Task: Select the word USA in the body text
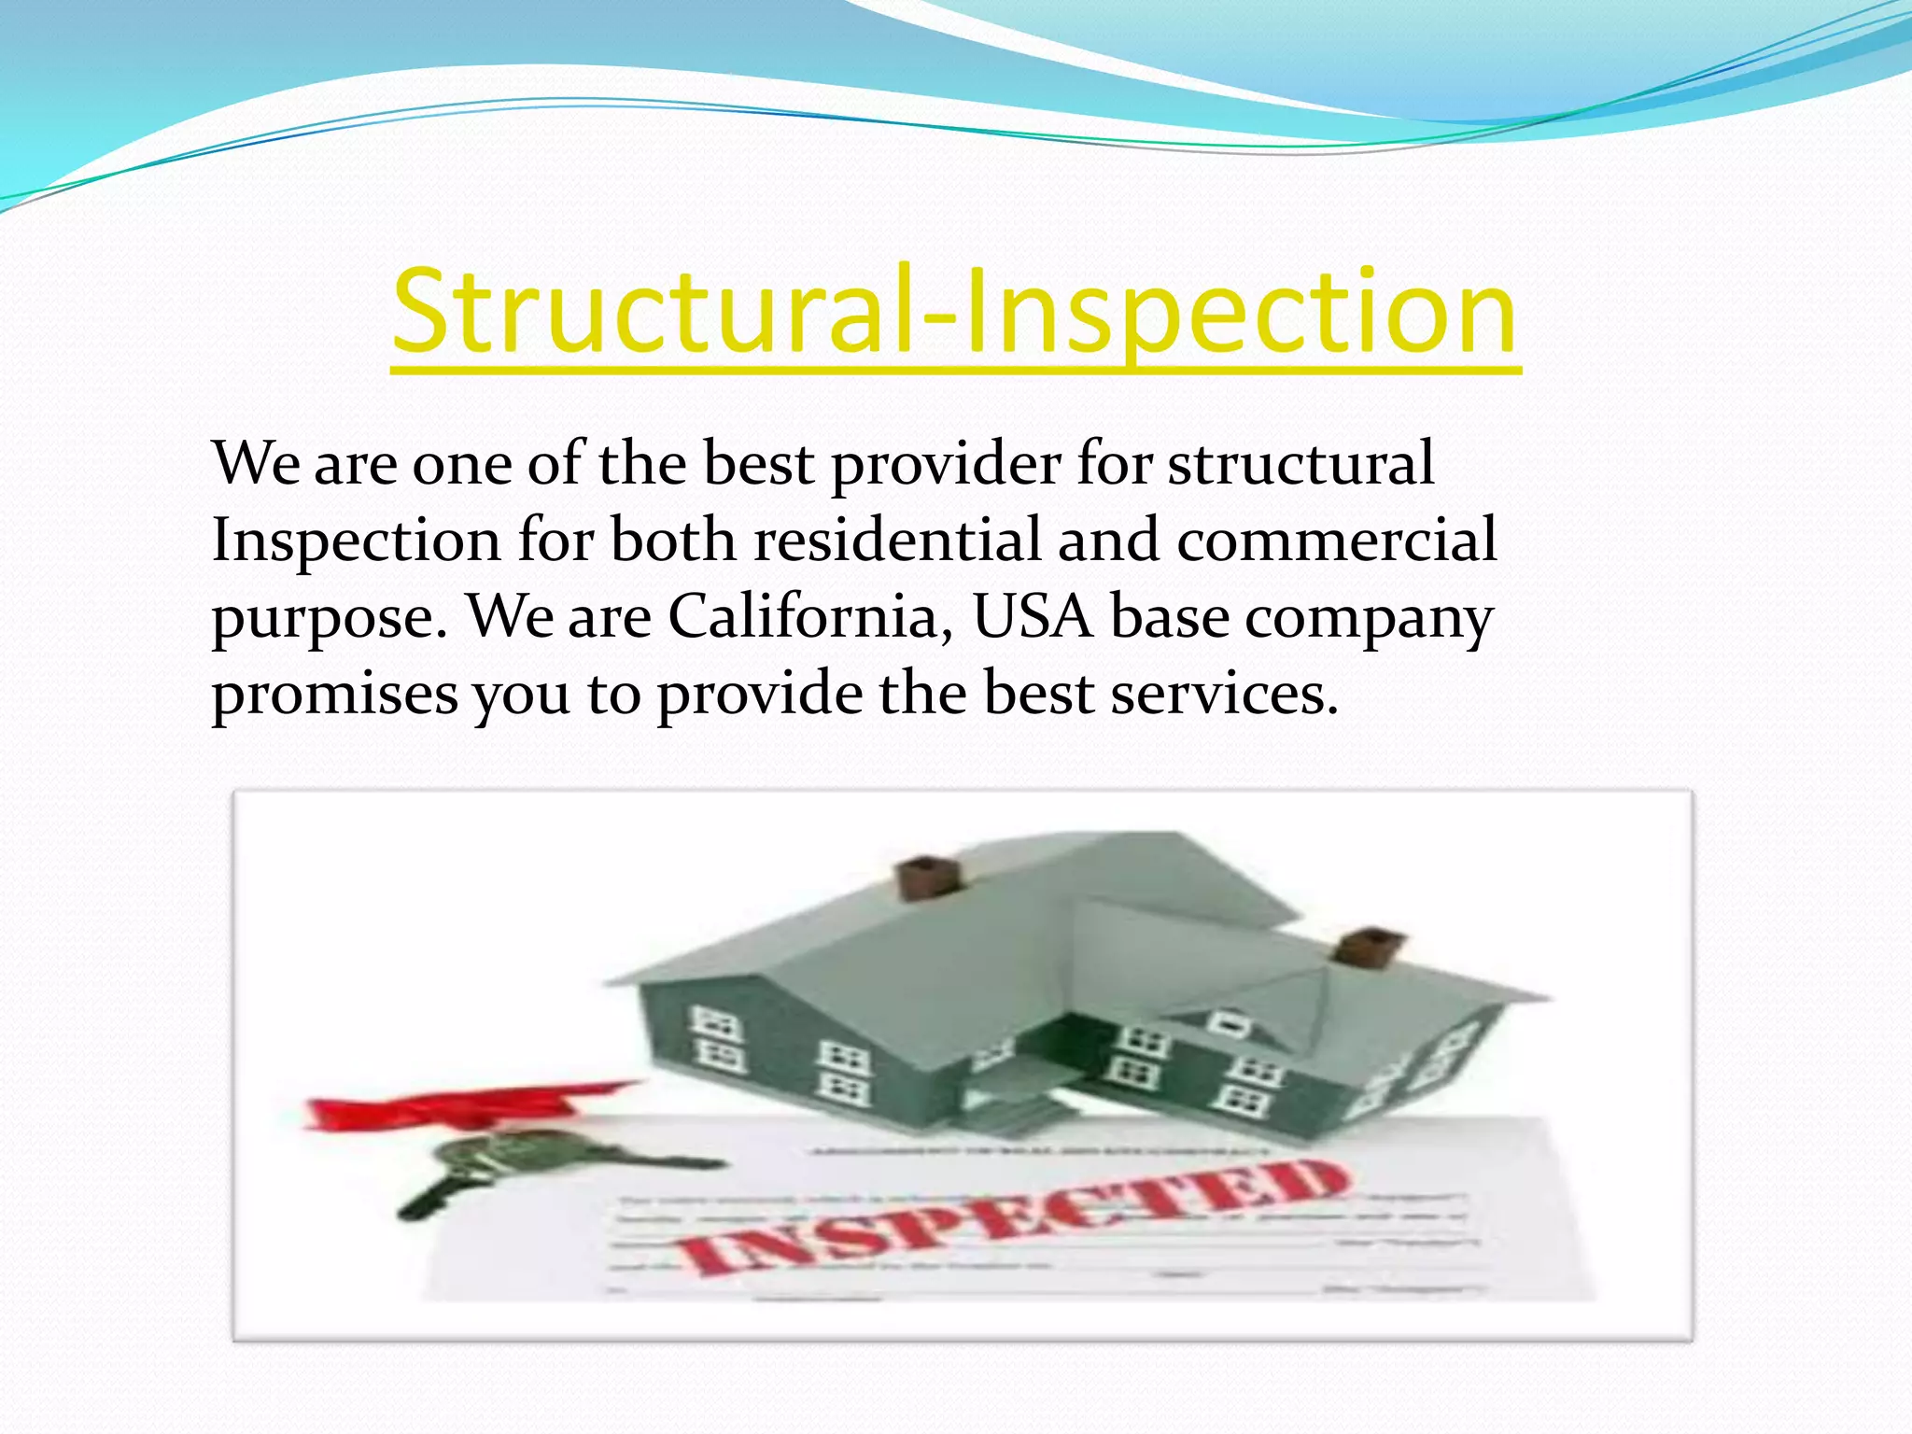[x=1033, y=618]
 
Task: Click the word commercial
[x=1337, y=541]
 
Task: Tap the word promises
[x=335, y=696]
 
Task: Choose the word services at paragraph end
[x=1224, y=696]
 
